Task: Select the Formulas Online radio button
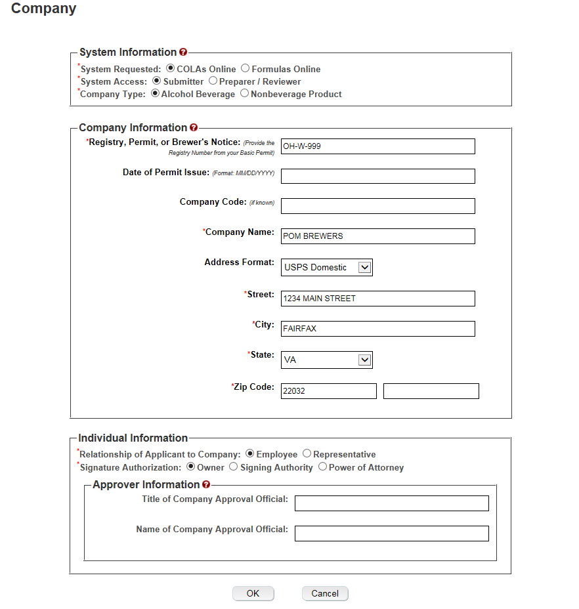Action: (x=245, y=68)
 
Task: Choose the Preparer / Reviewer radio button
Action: (x=213, y=81)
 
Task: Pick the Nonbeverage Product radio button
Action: (x=244, y=94)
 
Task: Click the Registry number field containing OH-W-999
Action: (x=377, y=146)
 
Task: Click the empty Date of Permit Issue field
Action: (x=377, y=176)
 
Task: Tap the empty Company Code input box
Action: (x=377, y=206)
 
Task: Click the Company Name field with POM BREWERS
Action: (x=377, y=236)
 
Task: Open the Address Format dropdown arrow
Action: (x=365, y=267)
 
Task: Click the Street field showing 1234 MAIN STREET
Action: (x=377, y=299)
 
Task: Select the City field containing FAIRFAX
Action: (x=377, y=329)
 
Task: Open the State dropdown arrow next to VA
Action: (x=365, y=360)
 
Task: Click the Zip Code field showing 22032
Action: (x=328, y=391)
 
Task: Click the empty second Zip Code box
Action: (x=431, y=391)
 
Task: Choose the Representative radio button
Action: (x=307, y=454)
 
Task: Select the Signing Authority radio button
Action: (x=233, y=467)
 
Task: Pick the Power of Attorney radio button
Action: (x=322, y=467)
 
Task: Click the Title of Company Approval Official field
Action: (x=392, y=503)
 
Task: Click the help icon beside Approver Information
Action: (x=206, y=485)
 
